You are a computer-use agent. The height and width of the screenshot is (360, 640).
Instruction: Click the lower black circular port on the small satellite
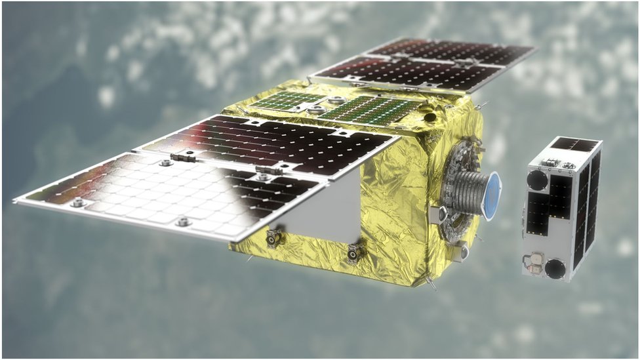coord(555,268)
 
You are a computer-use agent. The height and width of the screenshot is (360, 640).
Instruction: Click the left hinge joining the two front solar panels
coord(183,157)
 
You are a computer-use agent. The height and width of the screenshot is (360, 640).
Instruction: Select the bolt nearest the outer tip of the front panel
coord(77,203)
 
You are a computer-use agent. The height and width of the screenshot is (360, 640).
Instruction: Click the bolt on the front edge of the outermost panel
coord(183,222)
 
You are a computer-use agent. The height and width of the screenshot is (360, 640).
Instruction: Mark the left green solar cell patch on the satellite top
coord(288,100)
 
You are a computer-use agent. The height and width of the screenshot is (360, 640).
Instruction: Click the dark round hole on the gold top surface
coord(430,117)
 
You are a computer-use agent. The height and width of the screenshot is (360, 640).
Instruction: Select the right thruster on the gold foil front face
coord(355,251)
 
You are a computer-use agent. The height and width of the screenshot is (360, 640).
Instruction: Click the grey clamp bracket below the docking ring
coord(460,251)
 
